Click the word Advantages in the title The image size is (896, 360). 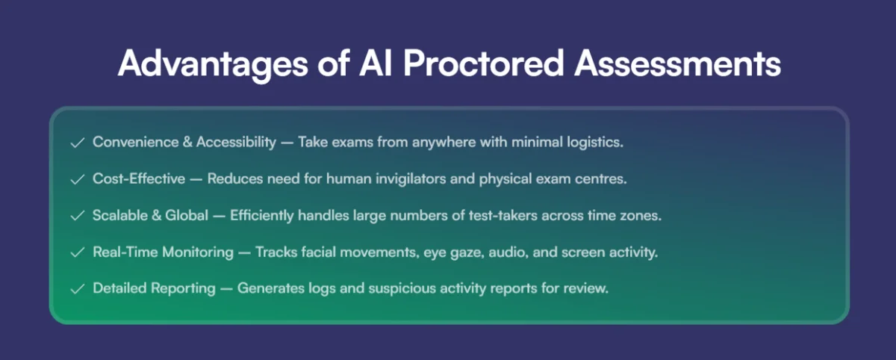pos(214,64)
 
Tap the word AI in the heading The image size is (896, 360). pos(376,63)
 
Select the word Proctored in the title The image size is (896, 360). pos(484,63)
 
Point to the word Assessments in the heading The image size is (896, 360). pos(678,63)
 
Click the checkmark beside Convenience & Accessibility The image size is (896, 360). pos(78,143)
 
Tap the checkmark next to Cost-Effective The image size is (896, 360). pos(78,179)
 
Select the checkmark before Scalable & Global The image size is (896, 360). pos(78,216)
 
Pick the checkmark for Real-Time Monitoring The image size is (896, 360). pos(78,252)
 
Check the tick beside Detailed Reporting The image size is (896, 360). pos(78,289)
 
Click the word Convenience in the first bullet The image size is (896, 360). pos(136,142)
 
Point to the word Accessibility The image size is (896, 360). pos(236,143)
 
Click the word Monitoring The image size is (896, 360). pos(198,252)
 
